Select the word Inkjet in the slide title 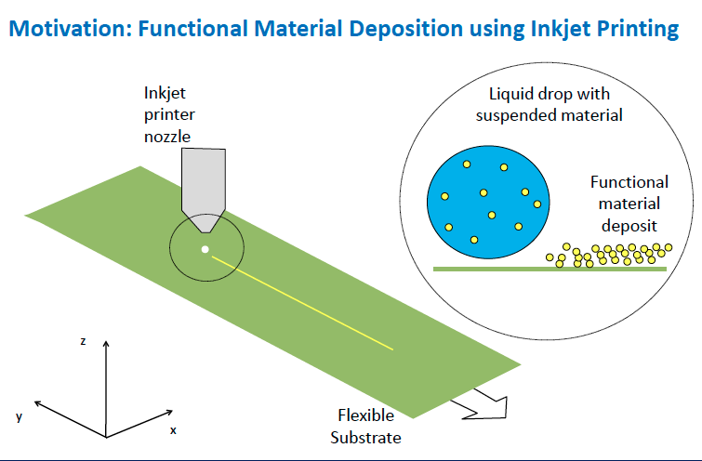pos(558,29)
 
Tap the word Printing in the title pos(635,29)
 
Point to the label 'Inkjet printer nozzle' pos(169,114)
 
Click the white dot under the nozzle pos(205,249)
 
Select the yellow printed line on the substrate pos(302,303)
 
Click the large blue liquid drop pos(488,202)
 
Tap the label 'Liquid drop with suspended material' pos(549,105)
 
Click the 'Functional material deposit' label pos(629,204)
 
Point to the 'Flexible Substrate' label pos(365,426)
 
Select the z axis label pos(83,341)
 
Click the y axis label pos(19,416)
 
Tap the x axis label pos(173,430)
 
